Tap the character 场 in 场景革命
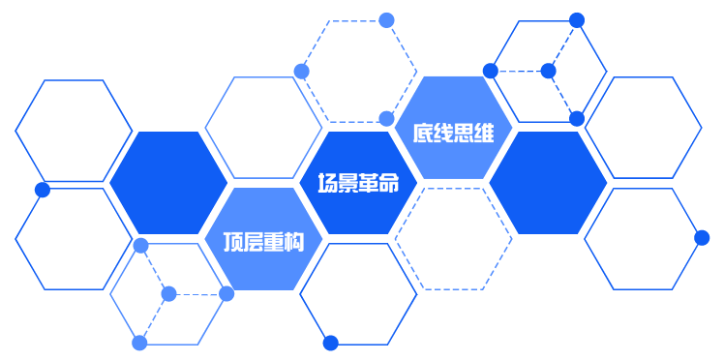coord(328,183)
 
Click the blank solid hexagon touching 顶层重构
coord(168,182)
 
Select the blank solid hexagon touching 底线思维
coord(548,182)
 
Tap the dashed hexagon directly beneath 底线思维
coord(453,238)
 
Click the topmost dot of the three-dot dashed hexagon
coord(386,19)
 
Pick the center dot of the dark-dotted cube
coord(548,71)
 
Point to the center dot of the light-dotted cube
coord(169,293)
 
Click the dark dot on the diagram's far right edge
coord(702,237)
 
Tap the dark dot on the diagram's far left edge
coord(43,190)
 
